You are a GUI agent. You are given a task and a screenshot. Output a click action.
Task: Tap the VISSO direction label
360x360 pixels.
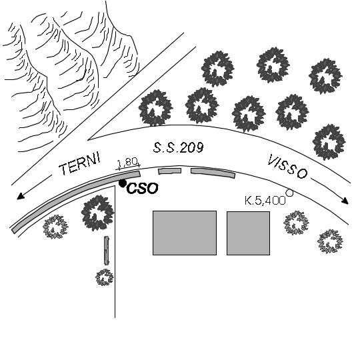(x=287, y=167)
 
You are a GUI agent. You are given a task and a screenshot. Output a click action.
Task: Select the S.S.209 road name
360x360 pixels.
(x=178, y=147)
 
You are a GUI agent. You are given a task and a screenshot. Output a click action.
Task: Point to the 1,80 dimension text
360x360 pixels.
(x=127, y=162)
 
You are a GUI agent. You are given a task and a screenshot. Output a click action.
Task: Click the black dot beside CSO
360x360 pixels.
(x=123, y=183)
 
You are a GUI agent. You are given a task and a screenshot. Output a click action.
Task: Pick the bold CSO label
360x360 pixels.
(x=143, y=188)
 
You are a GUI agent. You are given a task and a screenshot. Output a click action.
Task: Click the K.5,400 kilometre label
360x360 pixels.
(x=265, y=201)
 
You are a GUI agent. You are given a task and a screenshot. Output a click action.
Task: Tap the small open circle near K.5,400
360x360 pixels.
(x=290, y=193)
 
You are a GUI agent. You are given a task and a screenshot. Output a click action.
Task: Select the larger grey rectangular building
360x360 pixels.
(x=185, y=233)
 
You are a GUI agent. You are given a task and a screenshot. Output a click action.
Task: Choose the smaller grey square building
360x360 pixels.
(x=248, y=233)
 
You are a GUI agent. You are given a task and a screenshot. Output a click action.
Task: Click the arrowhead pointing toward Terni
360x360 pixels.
(x=21, y=196)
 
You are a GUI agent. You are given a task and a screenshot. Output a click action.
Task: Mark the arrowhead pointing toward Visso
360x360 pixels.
(x=345, y=201)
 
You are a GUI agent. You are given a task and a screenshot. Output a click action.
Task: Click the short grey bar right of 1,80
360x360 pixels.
(x=170, y=171)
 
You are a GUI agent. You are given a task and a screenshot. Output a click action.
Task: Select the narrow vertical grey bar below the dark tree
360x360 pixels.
(x=107, y=251)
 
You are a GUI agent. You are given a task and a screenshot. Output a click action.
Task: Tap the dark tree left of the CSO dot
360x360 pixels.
(x=97, y=213)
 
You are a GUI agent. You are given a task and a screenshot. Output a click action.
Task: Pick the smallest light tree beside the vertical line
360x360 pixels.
(x=105, y=277)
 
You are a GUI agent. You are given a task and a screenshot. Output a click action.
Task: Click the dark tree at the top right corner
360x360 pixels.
(x=325, y=76)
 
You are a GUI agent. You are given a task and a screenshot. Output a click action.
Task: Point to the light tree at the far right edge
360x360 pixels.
(x=330, y=241)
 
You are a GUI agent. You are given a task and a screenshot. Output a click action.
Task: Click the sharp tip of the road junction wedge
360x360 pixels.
(x=88, y=139)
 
